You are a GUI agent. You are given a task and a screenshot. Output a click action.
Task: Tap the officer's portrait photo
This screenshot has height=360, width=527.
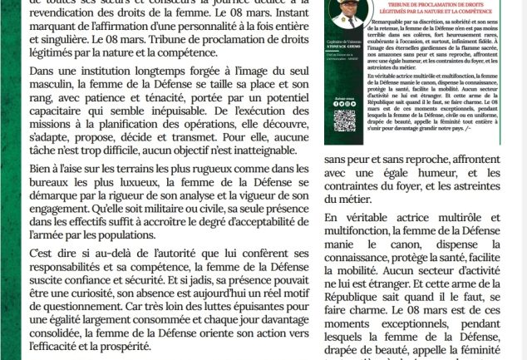[345, 12]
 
